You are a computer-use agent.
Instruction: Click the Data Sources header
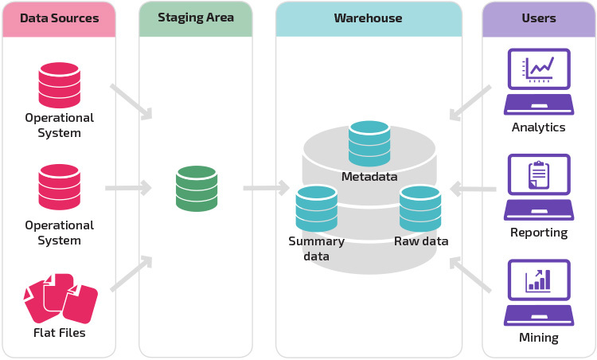click(59, 18)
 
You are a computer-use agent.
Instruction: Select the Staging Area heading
click(196, 17)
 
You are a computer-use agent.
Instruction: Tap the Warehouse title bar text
click(368, 18)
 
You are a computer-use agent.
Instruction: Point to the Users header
click(539, 18)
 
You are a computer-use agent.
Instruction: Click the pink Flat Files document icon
click(60, 298)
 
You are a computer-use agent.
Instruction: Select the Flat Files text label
click(60, 332)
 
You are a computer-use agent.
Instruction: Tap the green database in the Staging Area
click(197, 188)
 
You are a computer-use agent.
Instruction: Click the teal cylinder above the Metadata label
click(369, 143)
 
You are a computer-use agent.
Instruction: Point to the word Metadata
click(369, 177)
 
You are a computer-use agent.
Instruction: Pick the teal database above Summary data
click(316, 208)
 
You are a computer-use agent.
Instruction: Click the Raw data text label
click(421, 241)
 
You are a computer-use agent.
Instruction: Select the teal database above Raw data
click(420, 208)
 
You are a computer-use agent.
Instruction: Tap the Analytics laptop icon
click(539, 81)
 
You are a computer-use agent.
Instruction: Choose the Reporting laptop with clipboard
click(539, 187)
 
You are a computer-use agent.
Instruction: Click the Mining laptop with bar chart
click(539, 292)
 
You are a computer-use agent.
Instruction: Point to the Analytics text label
click(539, 127)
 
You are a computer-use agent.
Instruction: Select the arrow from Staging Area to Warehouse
click(266, 189)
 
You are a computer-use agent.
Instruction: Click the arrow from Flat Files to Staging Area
click(131, 274)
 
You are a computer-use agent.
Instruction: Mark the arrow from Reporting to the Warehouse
click(473, 190)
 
